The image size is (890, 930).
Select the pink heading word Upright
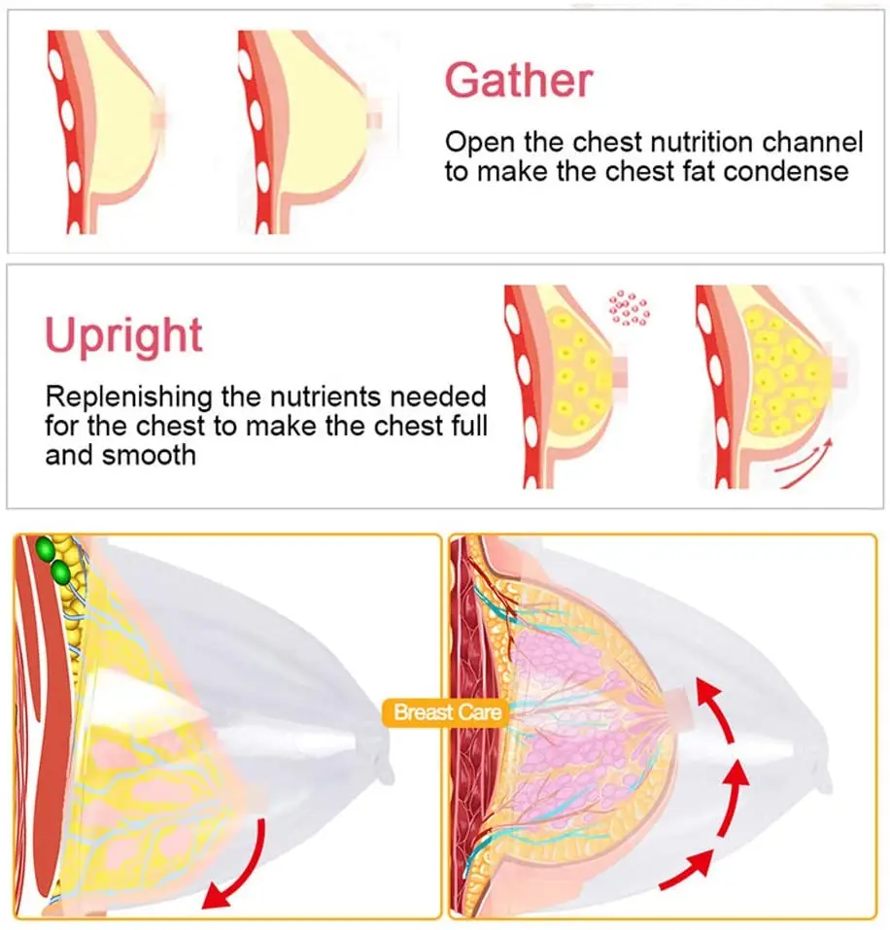(x=123, y=336)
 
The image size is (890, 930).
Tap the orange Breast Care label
(x=448, y=713)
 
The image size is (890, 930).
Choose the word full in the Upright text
(x=465, y=426)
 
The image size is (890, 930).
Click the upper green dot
(x=44, y=550)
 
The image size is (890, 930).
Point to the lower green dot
(x=61, y=571)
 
